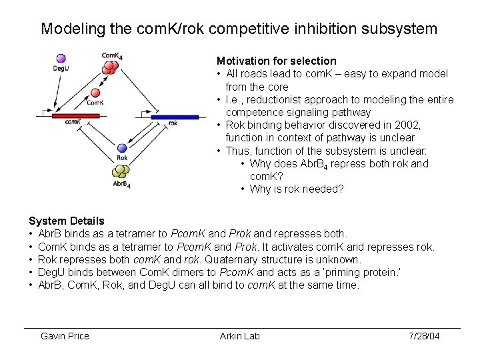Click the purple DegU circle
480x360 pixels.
(61, 59)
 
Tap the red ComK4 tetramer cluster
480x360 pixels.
(111, 67)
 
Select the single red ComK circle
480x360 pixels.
(95, 93)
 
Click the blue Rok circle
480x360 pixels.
(122, 148)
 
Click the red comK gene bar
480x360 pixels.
(75, 116)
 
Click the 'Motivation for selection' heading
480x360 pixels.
(276, 61)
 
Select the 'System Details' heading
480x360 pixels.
(66, 221)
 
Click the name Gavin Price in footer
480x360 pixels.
(65, 336)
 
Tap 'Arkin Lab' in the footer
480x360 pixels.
(239, 336)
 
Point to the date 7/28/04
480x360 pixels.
(424, 336)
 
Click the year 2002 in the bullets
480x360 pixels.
(407, 125)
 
